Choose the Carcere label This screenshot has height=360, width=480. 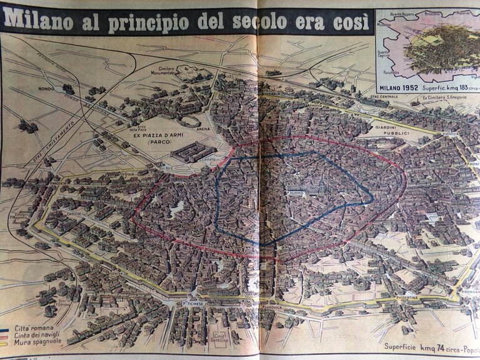point(72,213)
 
